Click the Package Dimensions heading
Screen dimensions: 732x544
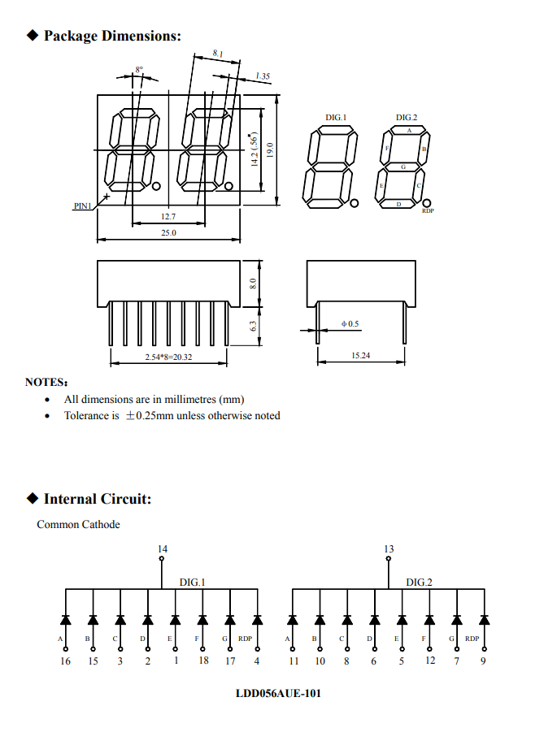111,36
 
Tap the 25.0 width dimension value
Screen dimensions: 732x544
168,233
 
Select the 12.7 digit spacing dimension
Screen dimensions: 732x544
168,217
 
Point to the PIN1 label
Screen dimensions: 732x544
83,206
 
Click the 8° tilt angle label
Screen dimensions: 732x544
139,70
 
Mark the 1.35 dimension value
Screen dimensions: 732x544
262,76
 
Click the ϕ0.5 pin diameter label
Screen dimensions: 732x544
350,324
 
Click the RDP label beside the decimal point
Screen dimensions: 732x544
428,211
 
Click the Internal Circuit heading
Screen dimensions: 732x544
97,499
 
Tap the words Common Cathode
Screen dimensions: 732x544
78,525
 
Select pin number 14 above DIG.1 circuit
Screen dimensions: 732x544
163,550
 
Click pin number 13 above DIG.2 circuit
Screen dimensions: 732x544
389,550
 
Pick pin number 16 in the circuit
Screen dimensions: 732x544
66,661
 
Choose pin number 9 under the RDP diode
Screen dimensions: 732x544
483,661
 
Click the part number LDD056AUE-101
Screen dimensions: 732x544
272,695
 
